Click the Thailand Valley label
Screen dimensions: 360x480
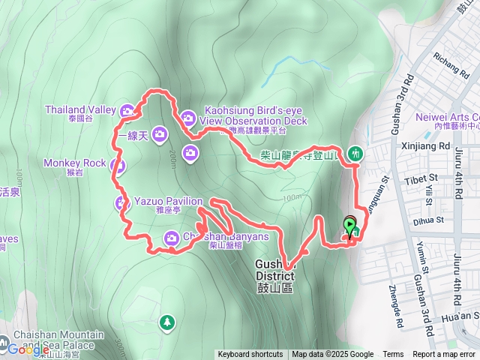pyautogui.click(x=79, y=109)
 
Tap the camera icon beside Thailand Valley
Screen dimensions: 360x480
pyautogui.click(x=127, y=111)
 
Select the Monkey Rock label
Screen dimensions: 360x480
pyautogui.click(x=74, y=163)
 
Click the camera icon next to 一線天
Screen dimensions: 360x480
pyautogui.click(x=159, y=134)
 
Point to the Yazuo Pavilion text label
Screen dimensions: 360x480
pyautogui.click(x=168, y=202)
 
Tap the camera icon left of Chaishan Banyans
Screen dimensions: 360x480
pyautogui.click(x=171, y=238)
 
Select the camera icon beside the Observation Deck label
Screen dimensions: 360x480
pyautogui.click(x=188, y=117)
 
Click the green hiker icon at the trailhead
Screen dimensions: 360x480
pyautogui.click(x=355, y=154)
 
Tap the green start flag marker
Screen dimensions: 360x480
pyautogui.click(x=350, y=224)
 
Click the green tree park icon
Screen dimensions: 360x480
pyautogui.click(x=167, y=322)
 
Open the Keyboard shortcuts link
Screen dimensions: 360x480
pyautogui.click(x=250, y=355)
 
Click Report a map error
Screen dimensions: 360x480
pyautogui.click(x=444, y=355)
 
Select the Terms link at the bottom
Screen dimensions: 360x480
pyautogui.click(x=393, y=355)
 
